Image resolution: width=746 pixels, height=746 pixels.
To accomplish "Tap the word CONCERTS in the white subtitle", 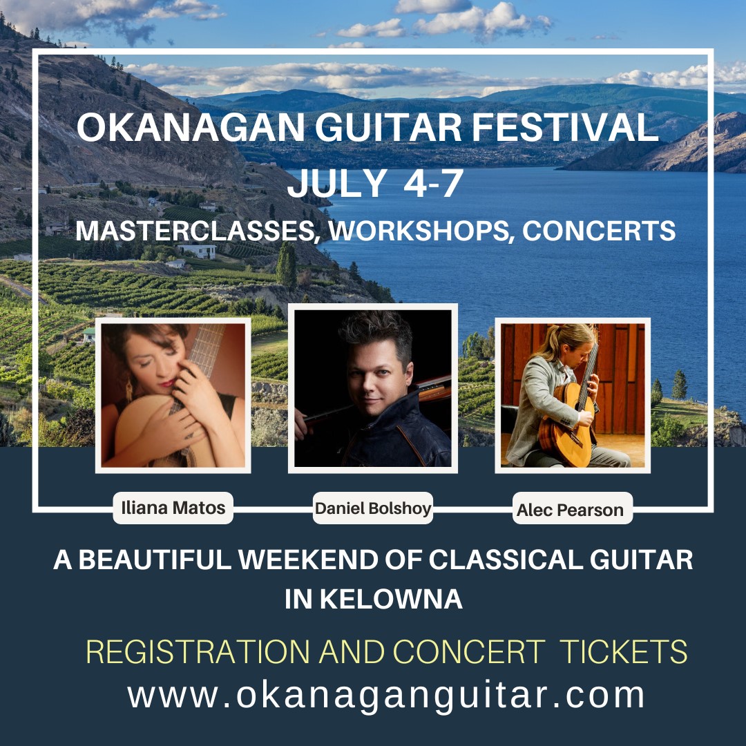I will tap(598, 231).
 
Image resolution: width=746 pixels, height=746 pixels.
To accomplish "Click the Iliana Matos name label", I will tap(173, 508).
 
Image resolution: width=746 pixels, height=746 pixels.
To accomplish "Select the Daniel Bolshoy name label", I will tap(373, 509).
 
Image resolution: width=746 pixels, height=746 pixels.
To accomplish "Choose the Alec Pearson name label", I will tap(570, 510).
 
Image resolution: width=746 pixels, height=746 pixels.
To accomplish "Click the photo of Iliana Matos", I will tap(173, 395).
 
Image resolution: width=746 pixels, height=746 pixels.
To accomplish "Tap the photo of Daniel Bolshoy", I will tap(373, 388).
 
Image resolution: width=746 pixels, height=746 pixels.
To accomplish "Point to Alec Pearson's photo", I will tap(573, 395).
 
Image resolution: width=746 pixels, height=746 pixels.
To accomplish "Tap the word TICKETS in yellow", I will tap(623, 653).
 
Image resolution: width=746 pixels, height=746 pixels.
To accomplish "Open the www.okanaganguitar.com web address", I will tap(386, 695).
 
